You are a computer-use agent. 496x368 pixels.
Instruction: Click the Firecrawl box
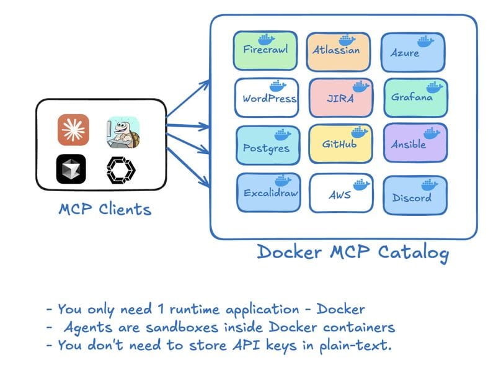coord(265,51)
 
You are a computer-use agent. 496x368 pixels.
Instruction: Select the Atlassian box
coord(339,52)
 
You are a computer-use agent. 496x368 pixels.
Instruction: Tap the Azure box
coord(413,52)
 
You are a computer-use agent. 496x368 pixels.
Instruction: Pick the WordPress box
coord(267,97)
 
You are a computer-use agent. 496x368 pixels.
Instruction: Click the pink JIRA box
coord(341,98)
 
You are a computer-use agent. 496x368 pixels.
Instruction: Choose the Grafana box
coord(415,98)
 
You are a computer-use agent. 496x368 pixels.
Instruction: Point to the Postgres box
coord(268,145)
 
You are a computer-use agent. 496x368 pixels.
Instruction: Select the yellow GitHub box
coord(340,144)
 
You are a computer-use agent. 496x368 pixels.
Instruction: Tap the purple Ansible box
coord(415,143)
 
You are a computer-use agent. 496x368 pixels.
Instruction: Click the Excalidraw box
coord(268,192)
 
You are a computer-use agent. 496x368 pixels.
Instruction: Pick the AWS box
coord(342,193)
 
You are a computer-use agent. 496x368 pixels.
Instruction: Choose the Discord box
coord(415,195)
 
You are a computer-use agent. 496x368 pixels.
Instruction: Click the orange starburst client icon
coord(73,130)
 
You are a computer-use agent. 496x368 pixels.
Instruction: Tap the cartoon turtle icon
coord(123,132)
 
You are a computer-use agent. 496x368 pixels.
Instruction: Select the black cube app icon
coord(71,169)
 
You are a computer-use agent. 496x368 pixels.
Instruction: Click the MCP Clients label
coord(105,209)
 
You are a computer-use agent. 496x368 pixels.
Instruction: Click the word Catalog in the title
coord(414,253)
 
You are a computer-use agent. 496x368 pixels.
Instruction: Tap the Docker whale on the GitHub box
coord(360,132)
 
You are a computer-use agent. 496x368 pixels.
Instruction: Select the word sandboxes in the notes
coord(182,328)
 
